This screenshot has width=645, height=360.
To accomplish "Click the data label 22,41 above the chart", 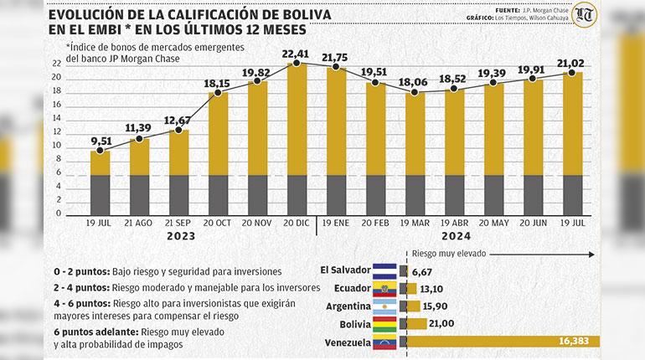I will pyautogui.click(x=296, y=56).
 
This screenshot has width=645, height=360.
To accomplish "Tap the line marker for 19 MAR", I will pyautogui.click(x=414, y=91).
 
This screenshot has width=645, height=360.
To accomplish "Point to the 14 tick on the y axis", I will pyautogui.click(x=56, y=118).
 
